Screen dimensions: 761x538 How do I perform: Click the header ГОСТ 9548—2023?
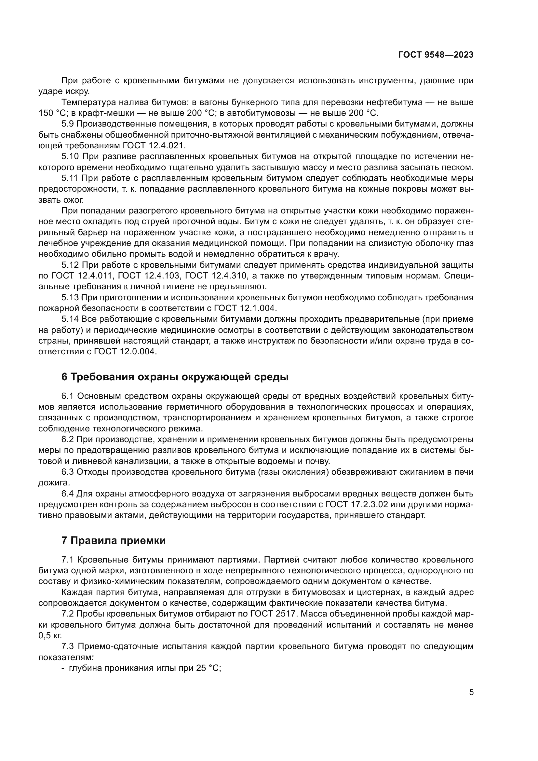(436, 55)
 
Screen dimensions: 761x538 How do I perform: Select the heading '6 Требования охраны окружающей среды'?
(175, 377)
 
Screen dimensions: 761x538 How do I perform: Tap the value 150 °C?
(52, 113)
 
